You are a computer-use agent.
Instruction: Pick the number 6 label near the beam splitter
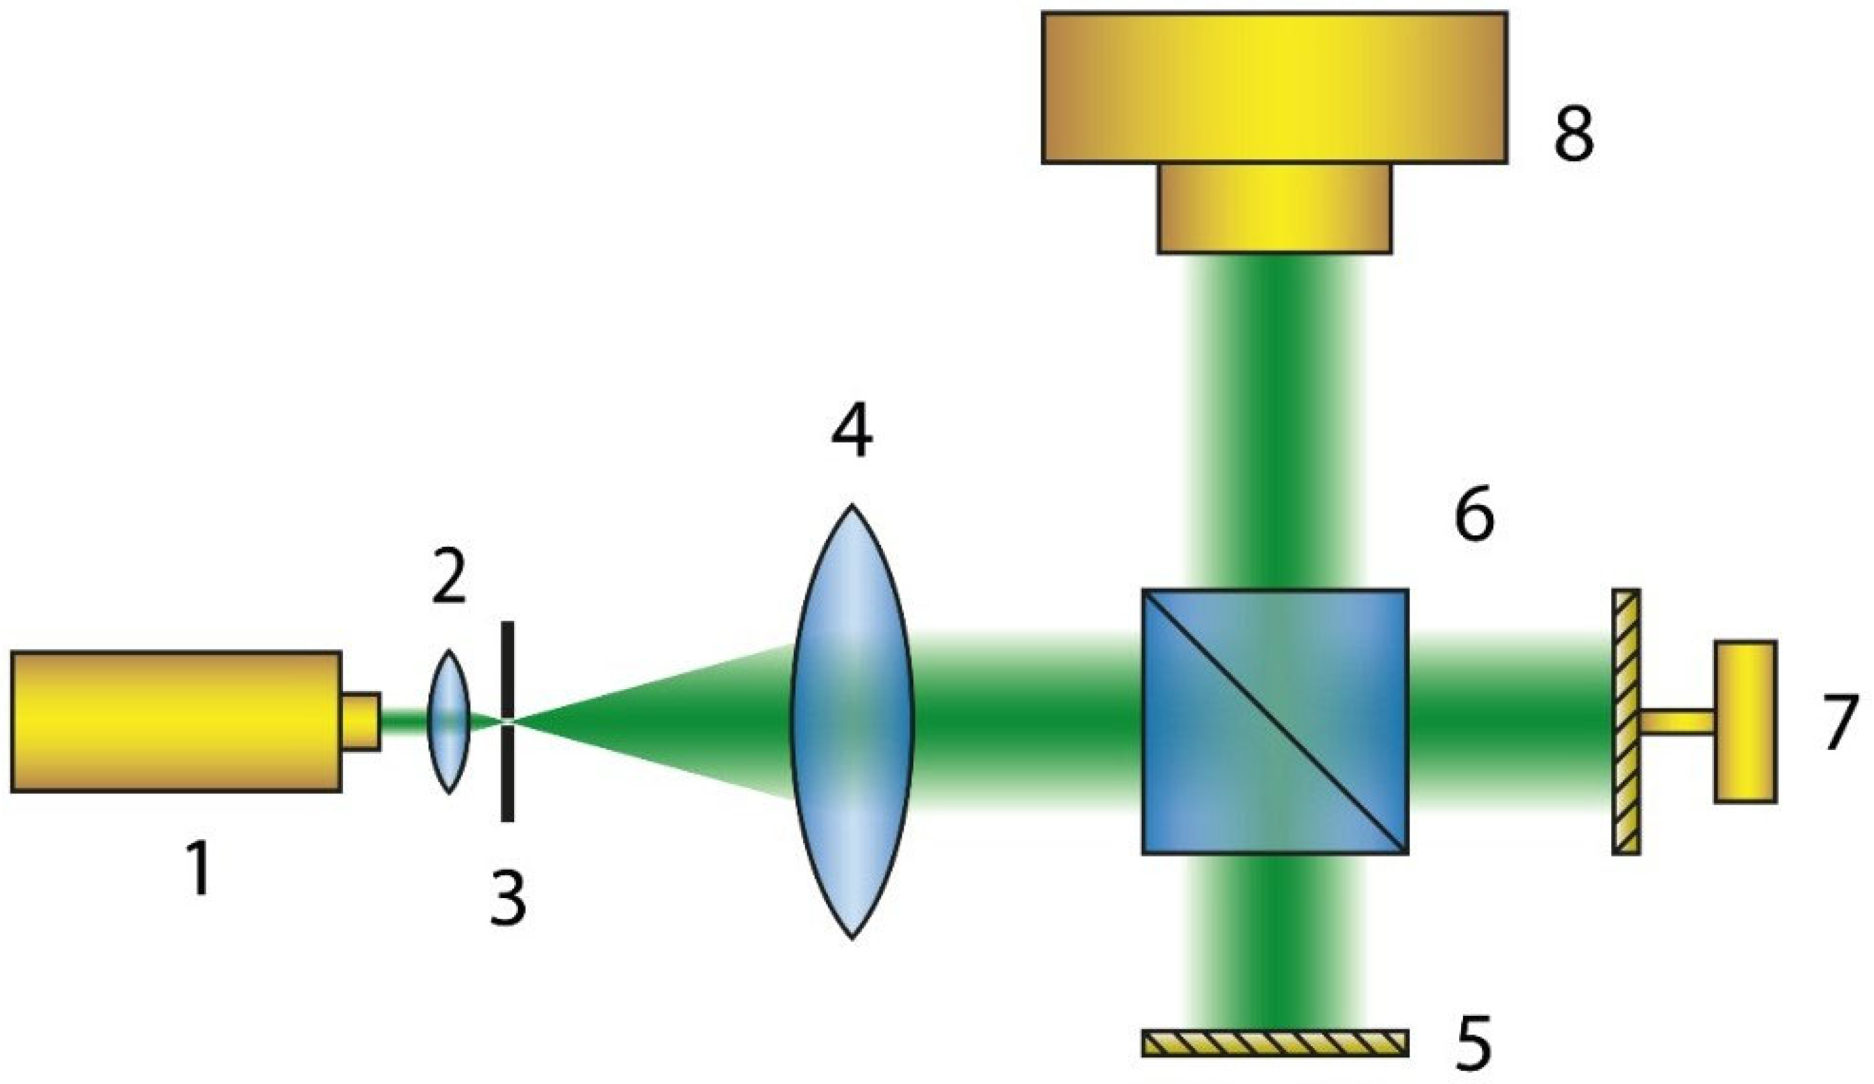1475,514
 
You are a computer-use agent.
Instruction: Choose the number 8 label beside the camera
1574,134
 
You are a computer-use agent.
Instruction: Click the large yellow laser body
176,721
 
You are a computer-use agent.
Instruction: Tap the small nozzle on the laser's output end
362,721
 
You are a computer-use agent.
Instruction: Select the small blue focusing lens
448,721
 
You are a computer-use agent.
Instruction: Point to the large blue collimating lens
852,721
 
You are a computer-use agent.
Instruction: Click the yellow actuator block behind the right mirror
1746,721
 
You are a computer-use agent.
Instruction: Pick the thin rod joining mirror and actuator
1677,722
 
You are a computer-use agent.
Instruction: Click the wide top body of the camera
1274,87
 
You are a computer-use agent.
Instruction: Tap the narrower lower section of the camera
1274,208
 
